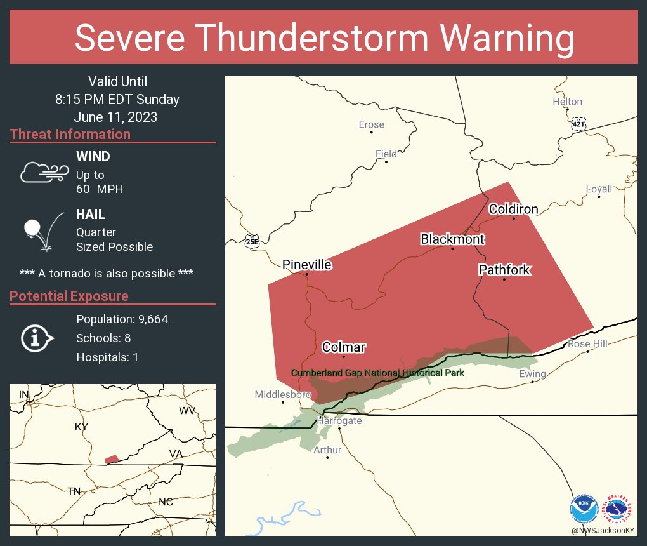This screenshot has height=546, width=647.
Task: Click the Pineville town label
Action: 307,265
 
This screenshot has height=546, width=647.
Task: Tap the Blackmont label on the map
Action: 452,239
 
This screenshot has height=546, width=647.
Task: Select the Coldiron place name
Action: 513,209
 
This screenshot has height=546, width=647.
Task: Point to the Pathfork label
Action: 504,270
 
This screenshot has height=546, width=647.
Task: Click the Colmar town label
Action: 344,347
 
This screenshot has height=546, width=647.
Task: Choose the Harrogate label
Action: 339,421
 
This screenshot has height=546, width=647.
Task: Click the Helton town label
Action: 567,102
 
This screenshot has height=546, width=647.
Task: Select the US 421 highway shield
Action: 578,123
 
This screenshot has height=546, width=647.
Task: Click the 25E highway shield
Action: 251,241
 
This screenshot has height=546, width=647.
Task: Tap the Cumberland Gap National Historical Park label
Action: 377,373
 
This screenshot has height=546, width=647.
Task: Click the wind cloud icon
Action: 43,172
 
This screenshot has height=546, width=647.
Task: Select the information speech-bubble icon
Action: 37,338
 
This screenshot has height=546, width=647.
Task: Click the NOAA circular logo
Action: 584,510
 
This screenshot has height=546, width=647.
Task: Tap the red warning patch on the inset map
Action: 112,459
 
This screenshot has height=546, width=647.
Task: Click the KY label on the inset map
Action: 81,427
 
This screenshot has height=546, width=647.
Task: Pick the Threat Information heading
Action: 70,135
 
